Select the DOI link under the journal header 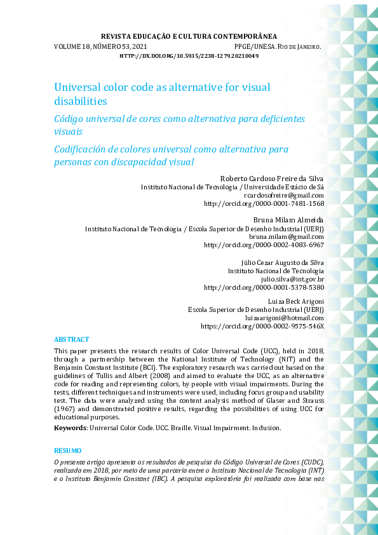click(x=189, y=56)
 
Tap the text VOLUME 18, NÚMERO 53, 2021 click(x=101, y=47)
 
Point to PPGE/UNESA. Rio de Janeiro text click(x=278, y=47)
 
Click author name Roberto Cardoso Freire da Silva click(x=272, y=178)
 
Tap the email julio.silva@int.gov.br click(x=292, y=279)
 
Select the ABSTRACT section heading click(x=71, y=340)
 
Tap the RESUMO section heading click(x=68, y=450)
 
